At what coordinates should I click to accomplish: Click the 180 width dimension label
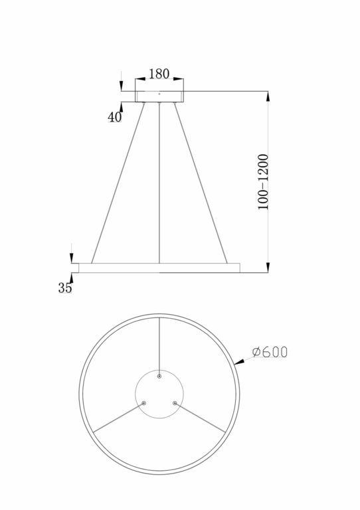pyautogui.click(x=159, y=74)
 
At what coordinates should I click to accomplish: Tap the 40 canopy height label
pyautogui.click(x=114, y=118)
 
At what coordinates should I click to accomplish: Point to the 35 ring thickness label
pyautogui.click(x=64, y=288)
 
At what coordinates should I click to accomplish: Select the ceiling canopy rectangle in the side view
pyautogui.click(x=159, y=97)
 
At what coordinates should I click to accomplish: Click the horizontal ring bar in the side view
pyautogui.click(x=159, y=268)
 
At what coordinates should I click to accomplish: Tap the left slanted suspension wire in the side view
pyautogui.click(x=118, y=183)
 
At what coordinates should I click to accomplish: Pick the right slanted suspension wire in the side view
pyautogui.click(x=201, y=183)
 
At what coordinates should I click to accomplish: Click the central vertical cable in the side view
pyautogui.click(x=159, y=183)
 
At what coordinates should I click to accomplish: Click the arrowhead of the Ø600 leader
pyautogui.click(x=238, y=363)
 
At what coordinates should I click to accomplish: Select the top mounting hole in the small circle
pyautogui.click(x=159, y=377)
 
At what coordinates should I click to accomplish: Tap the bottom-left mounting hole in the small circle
pyautogui.click(x=143, y=402)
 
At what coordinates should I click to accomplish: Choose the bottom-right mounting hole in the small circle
pyautogui.click(x=175, y=402)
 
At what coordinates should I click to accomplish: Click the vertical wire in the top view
pyautogui.click(x=159, y=345)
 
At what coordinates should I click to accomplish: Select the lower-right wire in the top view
pyautogui.click(x=201, y=418)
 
